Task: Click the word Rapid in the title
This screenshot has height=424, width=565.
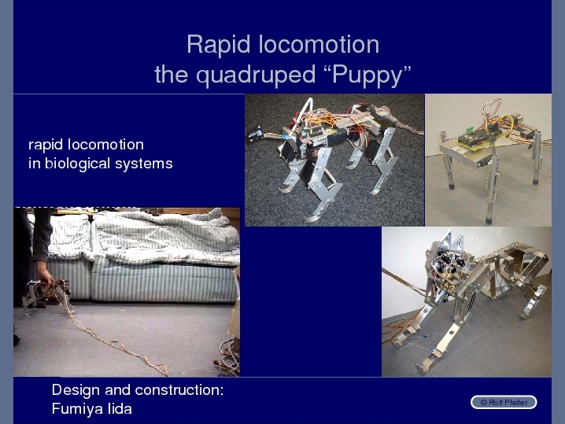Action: pyautogui.click(x=218, y=45)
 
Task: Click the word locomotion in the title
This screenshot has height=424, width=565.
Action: pyautogui.click(x=319, y=45)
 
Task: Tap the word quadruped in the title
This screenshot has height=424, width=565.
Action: pyautogui.click(x=256, y=76)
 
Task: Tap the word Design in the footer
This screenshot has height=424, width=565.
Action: pyautogui.click(x=76, y=390)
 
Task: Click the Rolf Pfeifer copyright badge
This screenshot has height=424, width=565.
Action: pyautogui.click(x=504, y=403)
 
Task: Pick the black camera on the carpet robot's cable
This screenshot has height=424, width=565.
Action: pyautogui.click(x=255, y=135)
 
